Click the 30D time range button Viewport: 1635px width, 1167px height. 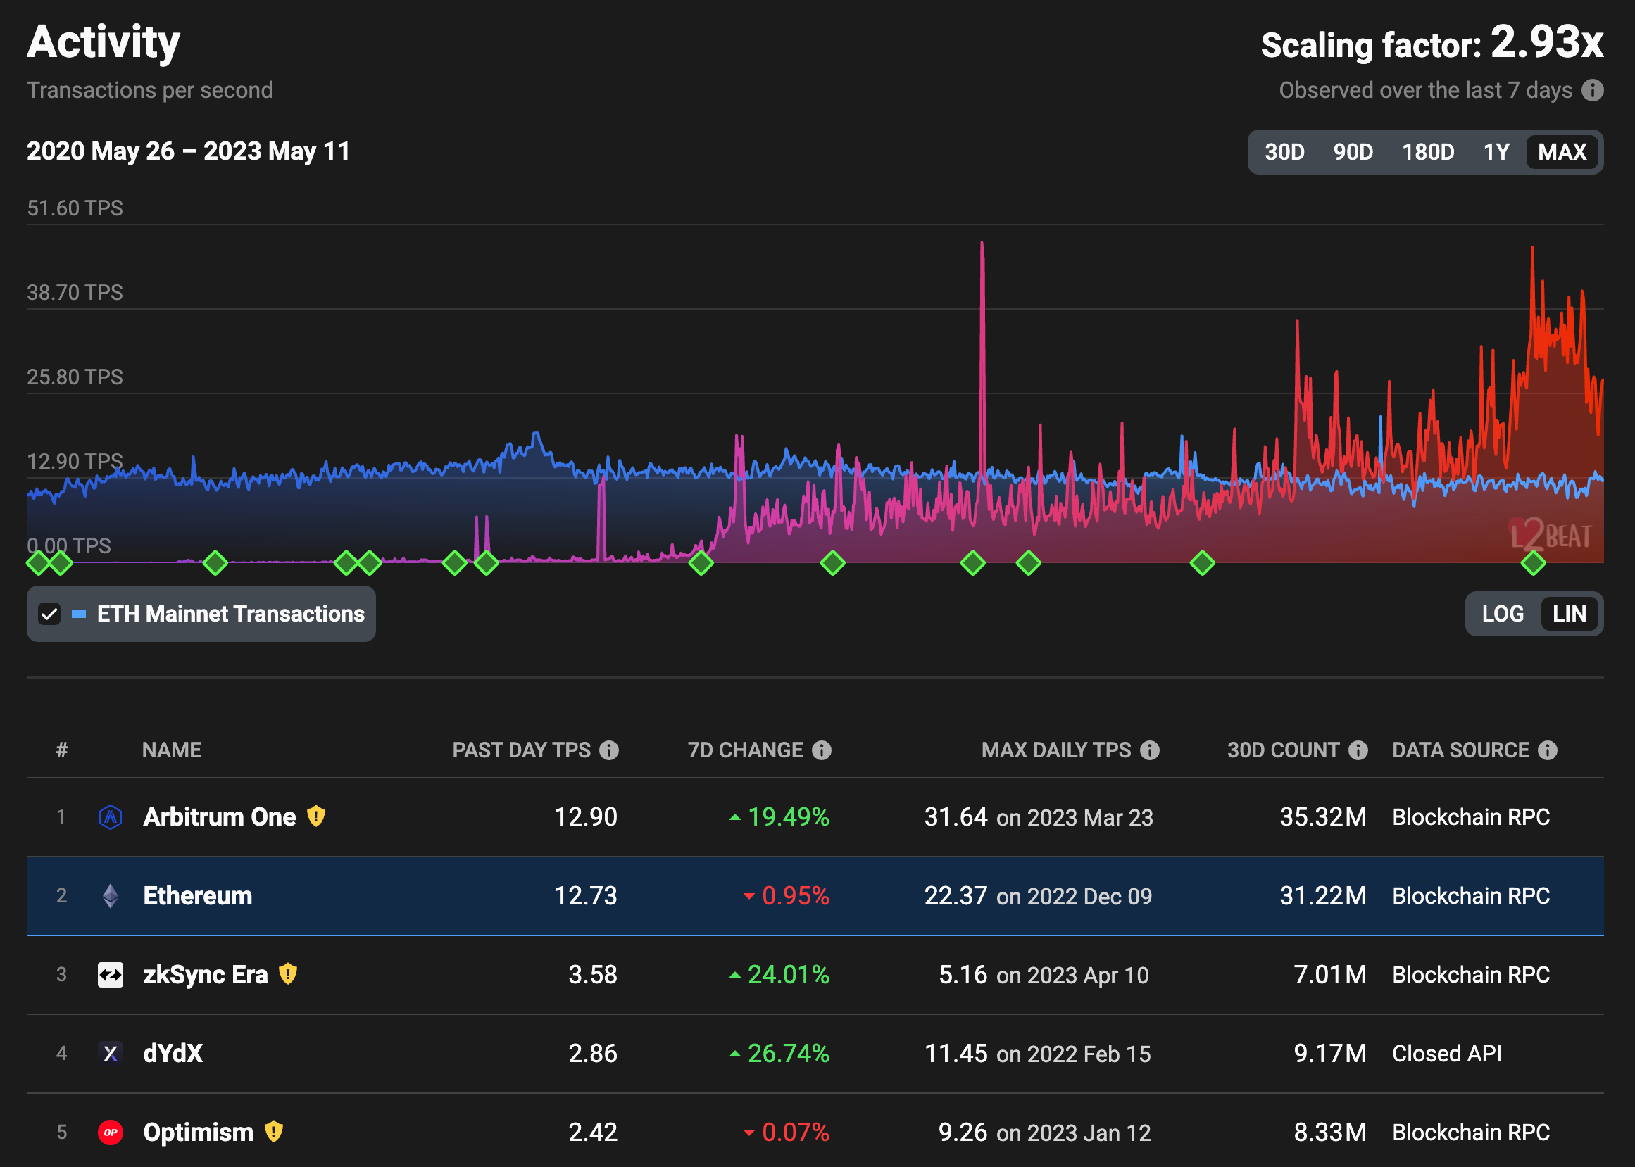pyautogui.click(x=1284, y=151)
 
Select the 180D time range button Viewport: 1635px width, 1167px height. pyautogui.click(x=1427, y=151)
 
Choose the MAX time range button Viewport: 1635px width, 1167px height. pyautogui.click(x=1562, y=151)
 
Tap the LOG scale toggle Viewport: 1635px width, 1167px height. pyautogui.click(x=1502, y=614)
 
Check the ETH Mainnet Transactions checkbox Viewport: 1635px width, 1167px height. pyautogui.click(x=49, y=614)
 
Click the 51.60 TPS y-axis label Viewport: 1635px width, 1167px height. pyautogui.click(x=75, y=208)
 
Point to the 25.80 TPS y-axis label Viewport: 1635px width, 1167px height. pyautogui.click(x=75, y=377)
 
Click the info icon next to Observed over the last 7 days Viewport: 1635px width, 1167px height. pyautogui.click(x=1593, y=91)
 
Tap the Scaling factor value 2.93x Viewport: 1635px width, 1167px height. pyautogui.click(x=1546, y=43)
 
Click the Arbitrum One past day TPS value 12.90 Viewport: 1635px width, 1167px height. pyautogui.click(x=585, y=817)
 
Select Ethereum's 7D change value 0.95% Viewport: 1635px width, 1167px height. pyautogui.click(x=794, y=896)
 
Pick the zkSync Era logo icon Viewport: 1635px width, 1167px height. pyautogui.click(x=110, y=975)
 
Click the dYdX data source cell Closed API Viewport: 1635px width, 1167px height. pyautogui.click(x=1446, y=1054)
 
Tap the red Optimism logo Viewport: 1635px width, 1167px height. pyautogui.click(x=110, y=1133)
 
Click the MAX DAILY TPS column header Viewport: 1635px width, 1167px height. pyautogui.click(x=1055, y=750)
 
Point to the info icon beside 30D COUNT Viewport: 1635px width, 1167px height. pyautogui.click(x=1358, y=750)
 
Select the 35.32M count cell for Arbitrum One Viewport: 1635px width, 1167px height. pyautogui.click(x=1322, y=817)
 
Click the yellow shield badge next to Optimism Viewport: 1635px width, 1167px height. pyautogui.click(x=274, y=1132)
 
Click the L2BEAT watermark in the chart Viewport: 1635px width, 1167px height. pyautogui.click(x=1551, y=536)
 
